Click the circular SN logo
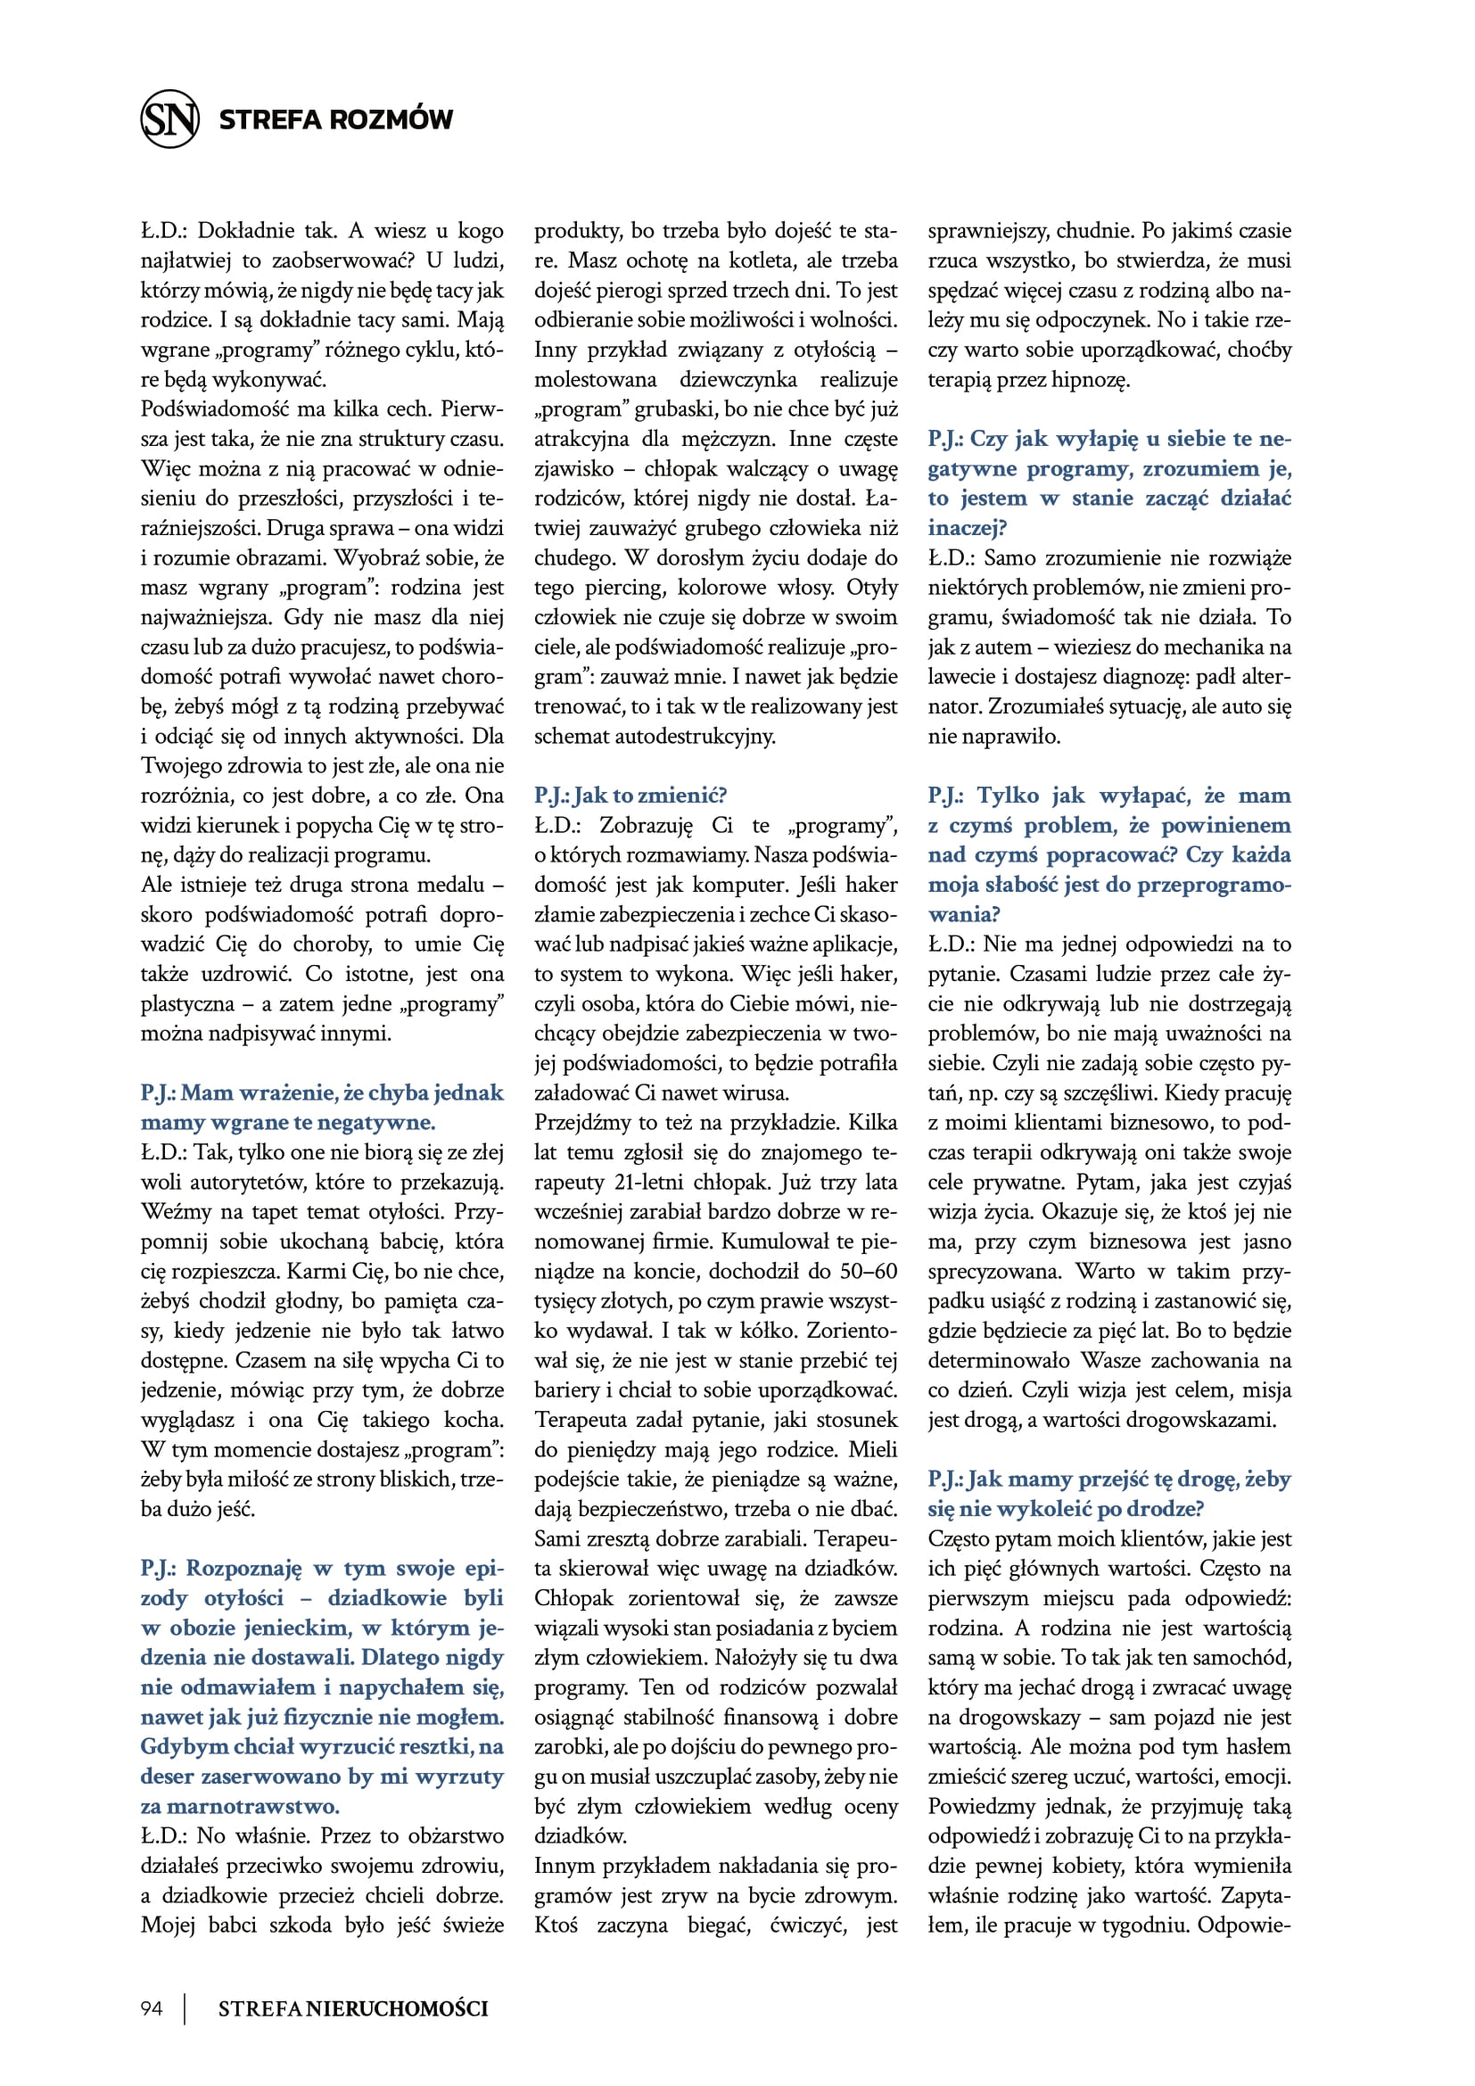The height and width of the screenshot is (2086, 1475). click(x=169, y=119)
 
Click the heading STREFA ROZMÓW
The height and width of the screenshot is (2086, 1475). click(x=335, y=119)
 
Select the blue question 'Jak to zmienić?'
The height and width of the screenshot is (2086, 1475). click(x=630, y=796)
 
